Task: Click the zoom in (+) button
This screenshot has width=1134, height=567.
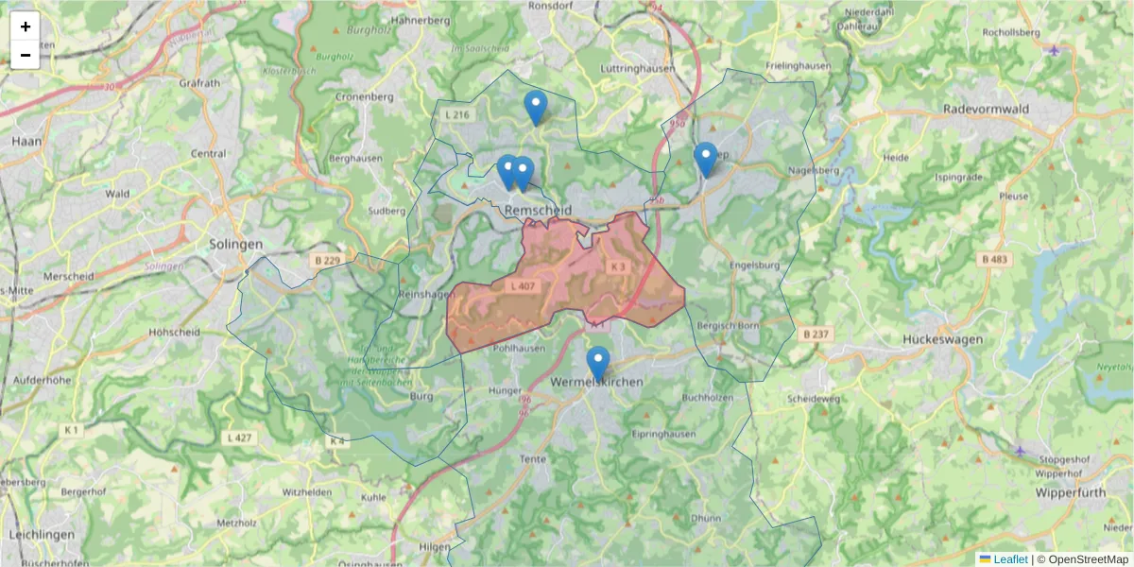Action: pyautogui.click(x=26, y=26)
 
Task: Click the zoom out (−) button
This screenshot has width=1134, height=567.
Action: pyautogui.click(x=26, y=55)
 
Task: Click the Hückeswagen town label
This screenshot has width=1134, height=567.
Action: pyautogui.click(x=942, y=338)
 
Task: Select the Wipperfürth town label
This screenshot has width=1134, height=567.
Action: pyautogui.click(x=1063, y=493)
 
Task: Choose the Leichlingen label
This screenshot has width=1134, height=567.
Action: pyautogui.click(x=40, y=534)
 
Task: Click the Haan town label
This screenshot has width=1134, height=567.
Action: pyautogui.click(x=25, y=141)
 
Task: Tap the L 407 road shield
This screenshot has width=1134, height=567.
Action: pyautogui.click(x=523, y=285)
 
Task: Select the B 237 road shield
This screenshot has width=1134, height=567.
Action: pyautogui.click(x=816, y=334)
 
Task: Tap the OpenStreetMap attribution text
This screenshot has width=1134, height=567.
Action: pyautogui.click(x=1088, y=559)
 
